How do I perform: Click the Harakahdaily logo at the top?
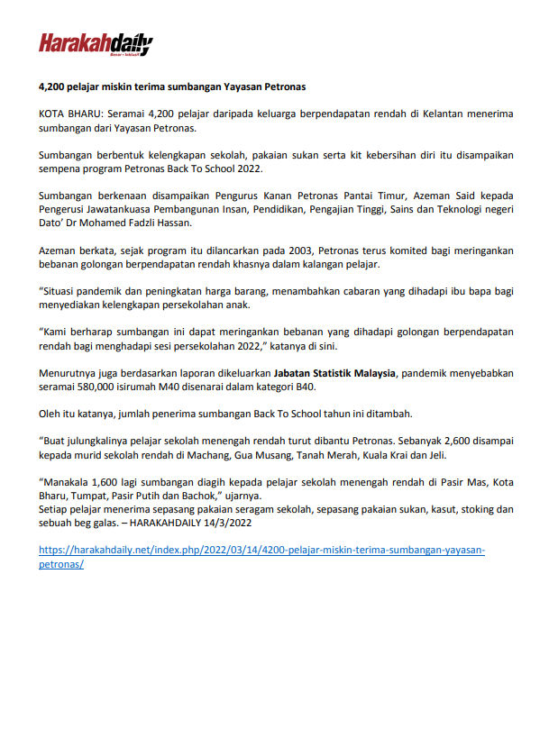(x=95, y=44)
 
